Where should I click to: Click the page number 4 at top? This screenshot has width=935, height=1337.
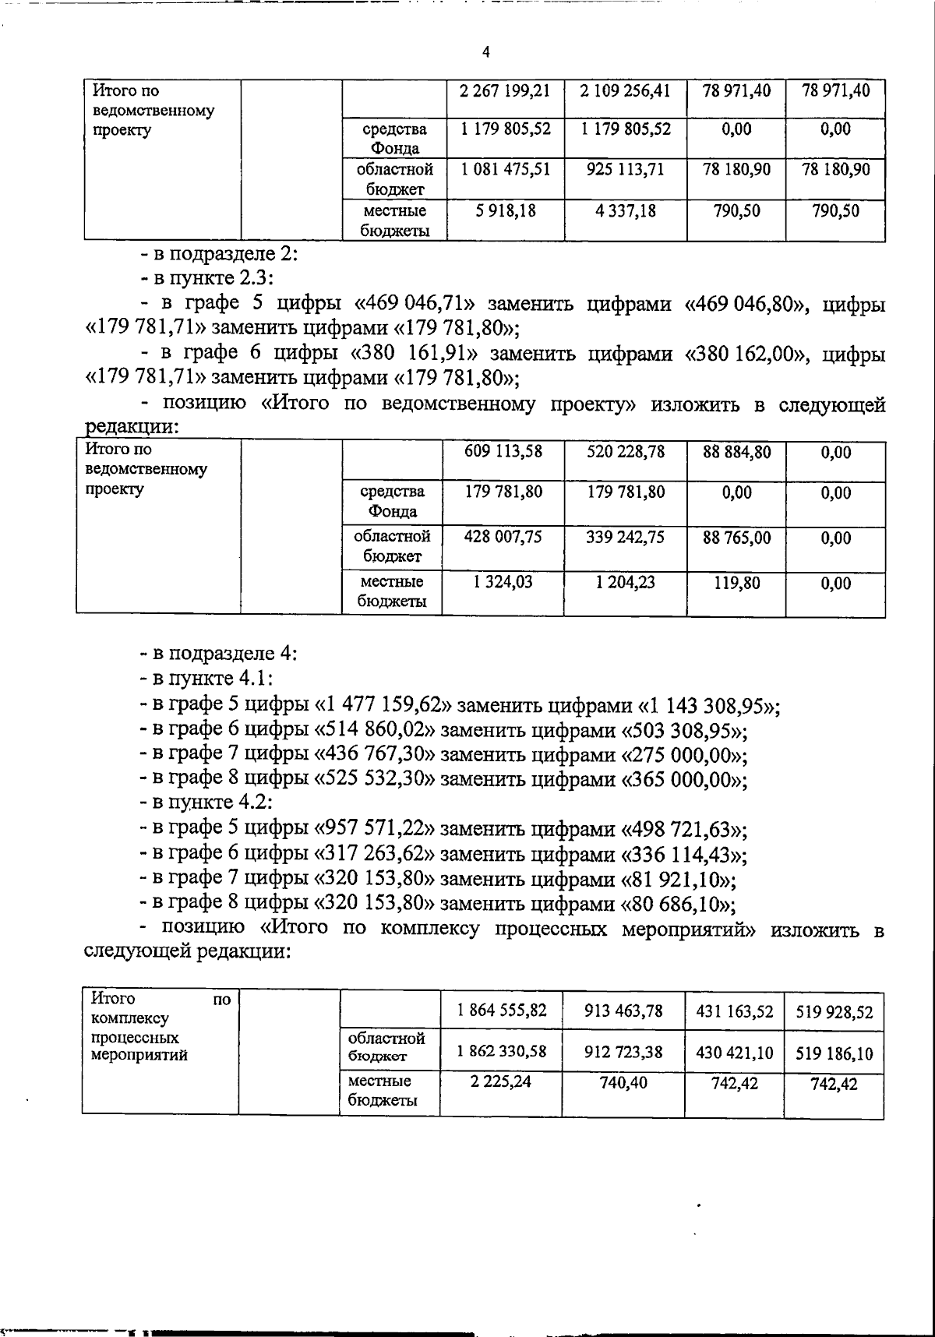pyautogui.click(x=486, y=52)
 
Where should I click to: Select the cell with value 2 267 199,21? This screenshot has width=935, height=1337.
pyautogui.click(x=504, y=91)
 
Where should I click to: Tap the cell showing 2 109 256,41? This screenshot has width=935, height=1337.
pyautogui.click(x=625, y=91)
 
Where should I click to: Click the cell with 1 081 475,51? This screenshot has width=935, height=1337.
pyautogui.click(x=504, y=170)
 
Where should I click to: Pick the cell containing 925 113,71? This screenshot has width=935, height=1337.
pyautogui.click(x=625, y=170)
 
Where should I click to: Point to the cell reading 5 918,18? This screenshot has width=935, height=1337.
pyautogui.click(x=504, y=210)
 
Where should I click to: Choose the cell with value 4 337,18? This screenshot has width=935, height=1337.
pyautogui.click(x=625, y=210)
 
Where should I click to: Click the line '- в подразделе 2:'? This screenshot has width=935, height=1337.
pyautogui.click(x=218, y=254)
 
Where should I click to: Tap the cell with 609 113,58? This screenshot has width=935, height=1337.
pyautogui.click(x=503, y=451)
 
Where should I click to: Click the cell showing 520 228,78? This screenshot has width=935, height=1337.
pyautogui.click(x=625, y=451)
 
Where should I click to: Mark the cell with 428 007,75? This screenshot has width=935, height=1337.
pyautogui.click(x=503, y=537)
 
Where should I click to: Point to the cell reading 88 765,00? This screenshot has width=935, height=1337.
pyautogui.click(x=736, y=537)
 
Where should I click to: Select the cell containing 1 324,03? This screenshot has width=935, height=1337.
pyautogui.click(x=503, y=582)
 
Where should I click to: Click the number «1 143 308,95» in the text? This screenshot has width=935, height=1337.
pyautogui.click(x=707, y=706)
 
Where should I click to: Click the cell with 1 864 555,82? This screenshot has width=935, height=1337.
pyautogui.click(x=502, y=1011)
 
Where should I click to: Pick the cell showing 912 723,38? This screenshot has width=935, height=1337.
pyautogui.click(x=623, y=1052)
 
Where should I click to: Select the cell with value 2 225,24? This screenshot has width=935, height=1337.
pyautogui.click(x=502, y=1082)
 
